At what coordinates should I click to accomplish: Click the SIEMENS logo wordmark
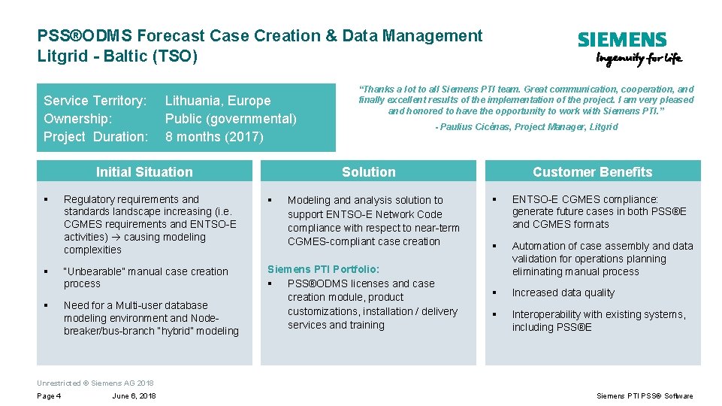click(x=621, y=40)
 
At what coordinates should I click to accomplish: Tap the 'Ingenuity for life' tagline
click(x=639, y=60)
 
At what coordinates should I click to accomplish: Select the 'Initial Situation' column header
click(x=144, y=172)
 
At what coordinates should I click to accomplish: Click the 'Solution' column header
click(x=368, y=172)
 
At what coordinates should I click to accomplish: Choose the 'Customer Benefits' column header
click(x=592, y=172)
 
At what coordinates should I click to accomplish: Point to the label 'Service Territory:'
click(x=95, y=101)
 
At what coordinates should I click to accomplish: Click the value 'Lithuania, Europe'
click(x=218, y=101)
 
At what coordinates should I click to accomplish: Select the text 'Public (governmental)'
click(x=231, y=119)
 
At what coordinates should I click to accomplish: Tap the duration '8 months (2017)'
click(x=214, y=137)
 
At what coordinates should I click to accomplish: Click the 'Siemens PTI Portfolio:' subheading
click(x=324, y=269)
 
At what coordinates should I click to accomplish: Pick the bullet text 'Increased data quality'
click(x=563, y=293)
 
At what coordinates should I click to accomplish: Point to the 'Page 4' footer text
click(x=49, y=396)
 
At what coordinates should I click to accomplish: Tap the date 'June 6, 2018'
click(x=134, y=396)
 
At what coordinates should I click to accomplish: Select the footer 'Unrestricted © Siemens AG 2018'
click(x=95, y=383)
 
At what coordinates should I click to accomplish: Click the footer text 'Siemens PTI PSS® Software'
click(x=645, y=396)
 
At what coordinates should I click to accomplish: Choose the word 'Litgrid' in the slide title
click(x=59, y=56)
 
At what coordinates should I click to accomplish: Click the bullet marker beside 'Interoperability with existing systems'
click(x=495, y=314)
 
